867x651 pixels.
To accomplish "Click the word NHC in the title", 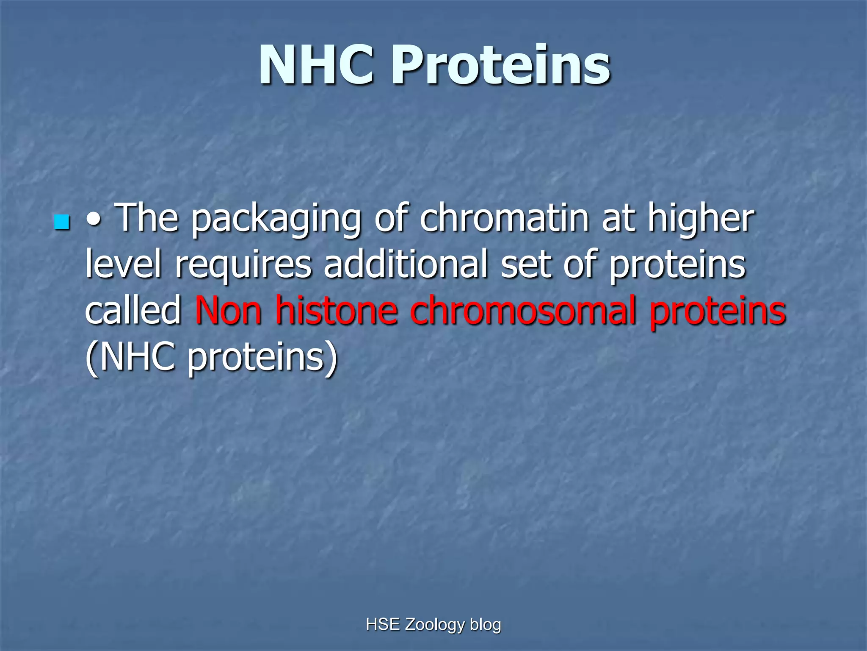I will pyautogui.click(x=317, y=66).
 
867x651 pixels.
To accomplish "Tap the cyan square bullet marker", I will pyautogui.click(x=62, y=223).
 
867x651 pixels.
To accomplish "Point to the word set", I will pyautogui.click(x=526, y=264).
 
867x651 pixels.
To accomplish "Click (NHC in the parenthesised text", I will pyautogui.click(x=130, y=357).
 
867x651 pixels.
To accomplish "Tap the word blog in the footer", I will pyautogui.click(x=486, y=625).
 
